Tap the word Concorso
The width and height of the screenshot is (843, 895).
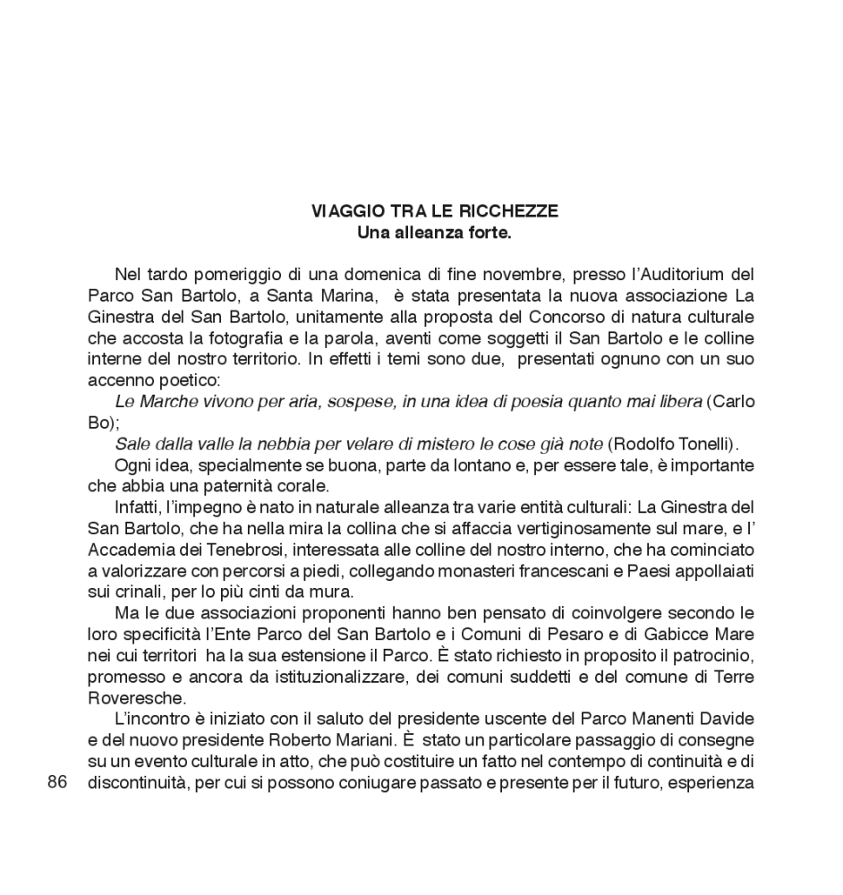click(574, 317)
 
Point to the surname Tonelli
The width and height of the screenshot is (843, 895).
click(683, 445)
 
